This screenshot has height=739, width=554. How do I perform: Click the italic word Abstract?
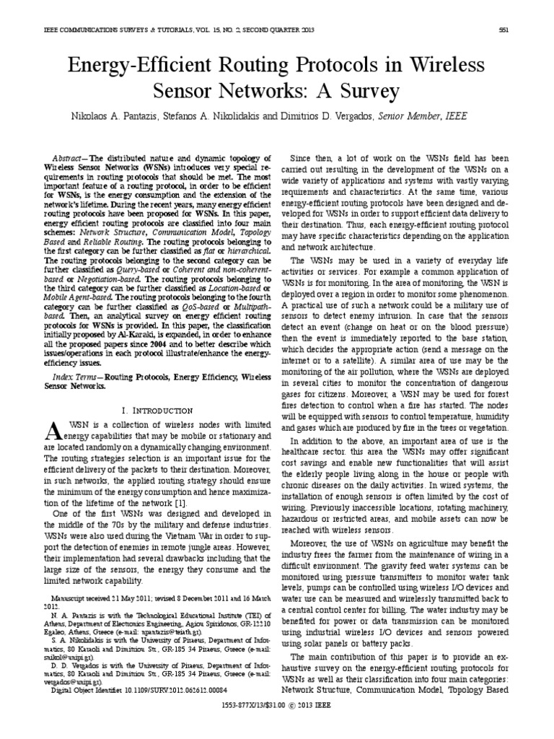tap(70, 157)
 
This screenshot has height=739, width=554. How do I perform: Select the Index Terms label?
tap(74, 377)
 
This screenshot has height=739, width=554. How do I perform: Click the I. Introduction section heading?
tap(157, 410)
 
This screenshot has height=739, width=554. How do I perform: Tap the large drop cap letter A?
tap(54, 432)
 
